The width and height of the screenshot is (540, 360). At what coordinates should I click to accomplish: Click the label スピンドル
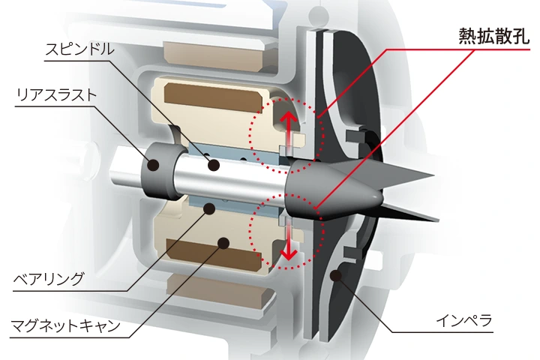tap(79, 49)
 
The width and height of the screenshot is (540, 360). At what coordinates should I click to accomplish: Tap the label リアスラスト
tap(56, 94)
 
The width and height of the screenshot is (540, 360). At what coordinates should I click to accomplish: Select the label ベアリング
tap(48, 278)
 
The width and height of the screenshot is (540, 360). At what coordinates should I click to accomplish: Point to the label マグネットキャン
tap(65, 325)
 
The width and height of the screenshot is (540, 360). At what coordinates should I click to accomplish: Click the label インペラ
tap(464, 321)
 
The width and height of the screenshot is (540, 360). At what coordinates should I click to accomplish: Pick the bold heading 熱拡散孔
tap(493, 36)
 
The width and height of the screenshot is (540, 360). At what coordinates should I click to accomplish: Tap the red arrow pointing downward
tap(289, 241)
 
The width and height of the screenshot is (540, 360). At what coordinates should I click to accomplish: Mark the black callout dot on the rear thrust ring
tap(153, 165)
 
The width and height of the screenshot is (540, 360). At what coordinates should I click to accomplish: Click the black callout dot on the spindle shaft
tap(214, 165)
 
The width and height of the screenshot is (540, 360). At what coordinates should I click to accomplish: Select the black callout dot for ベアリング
tap(210, 208)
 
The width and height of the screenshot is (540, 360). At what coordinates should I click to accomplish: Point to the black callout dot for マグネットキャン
tap(223, 243)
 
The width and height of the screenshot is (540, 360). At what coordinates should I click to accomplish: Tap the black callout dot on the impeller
tap(336, 275)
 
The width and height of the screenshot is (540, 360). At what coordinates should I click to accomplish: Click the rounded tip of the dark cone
tap(380, 199)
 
